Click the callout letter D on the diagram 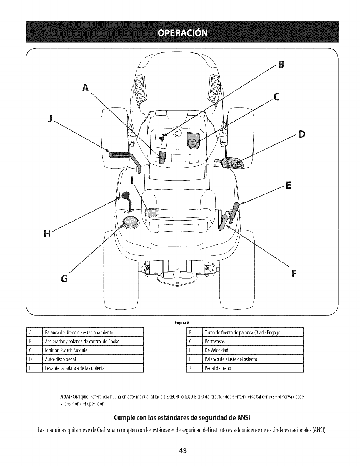(x=302, y=134)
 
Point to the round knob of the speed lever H (x=126, y=195)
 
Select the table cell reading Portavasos (x=215, y=341)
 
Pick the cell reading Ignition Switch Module (x=66, y=350)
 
